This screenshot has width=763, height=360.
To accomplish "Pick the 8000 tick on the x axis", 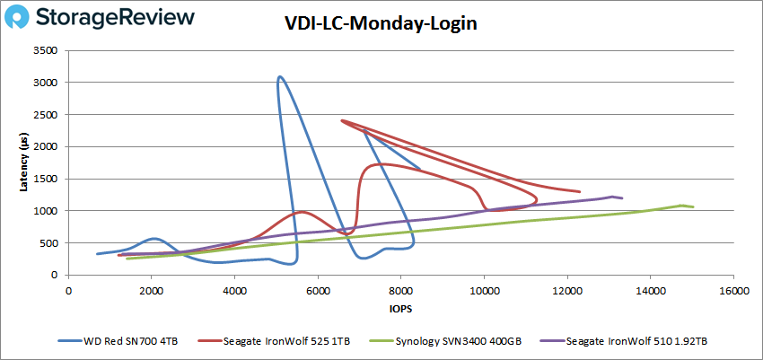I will pos(401,292).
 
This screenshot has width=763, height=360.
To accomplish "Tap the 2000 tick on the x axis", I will pos(152,292).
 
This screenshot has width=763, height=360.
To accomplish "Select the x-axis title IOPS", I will pos(400,309).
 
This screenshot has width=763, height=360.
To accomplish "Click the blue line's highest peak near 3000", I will pos(280,77).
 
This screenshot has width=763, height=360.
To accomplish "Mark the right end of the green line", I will pos(693,207).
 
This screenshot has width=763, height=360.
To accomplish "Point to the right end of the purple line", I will pos(622,198).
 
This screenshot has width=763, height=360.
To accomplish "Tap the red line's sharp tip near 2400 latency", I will pos(342,120).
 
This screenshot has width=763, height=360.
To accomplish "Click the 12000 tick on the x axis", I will pos(567,292).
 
